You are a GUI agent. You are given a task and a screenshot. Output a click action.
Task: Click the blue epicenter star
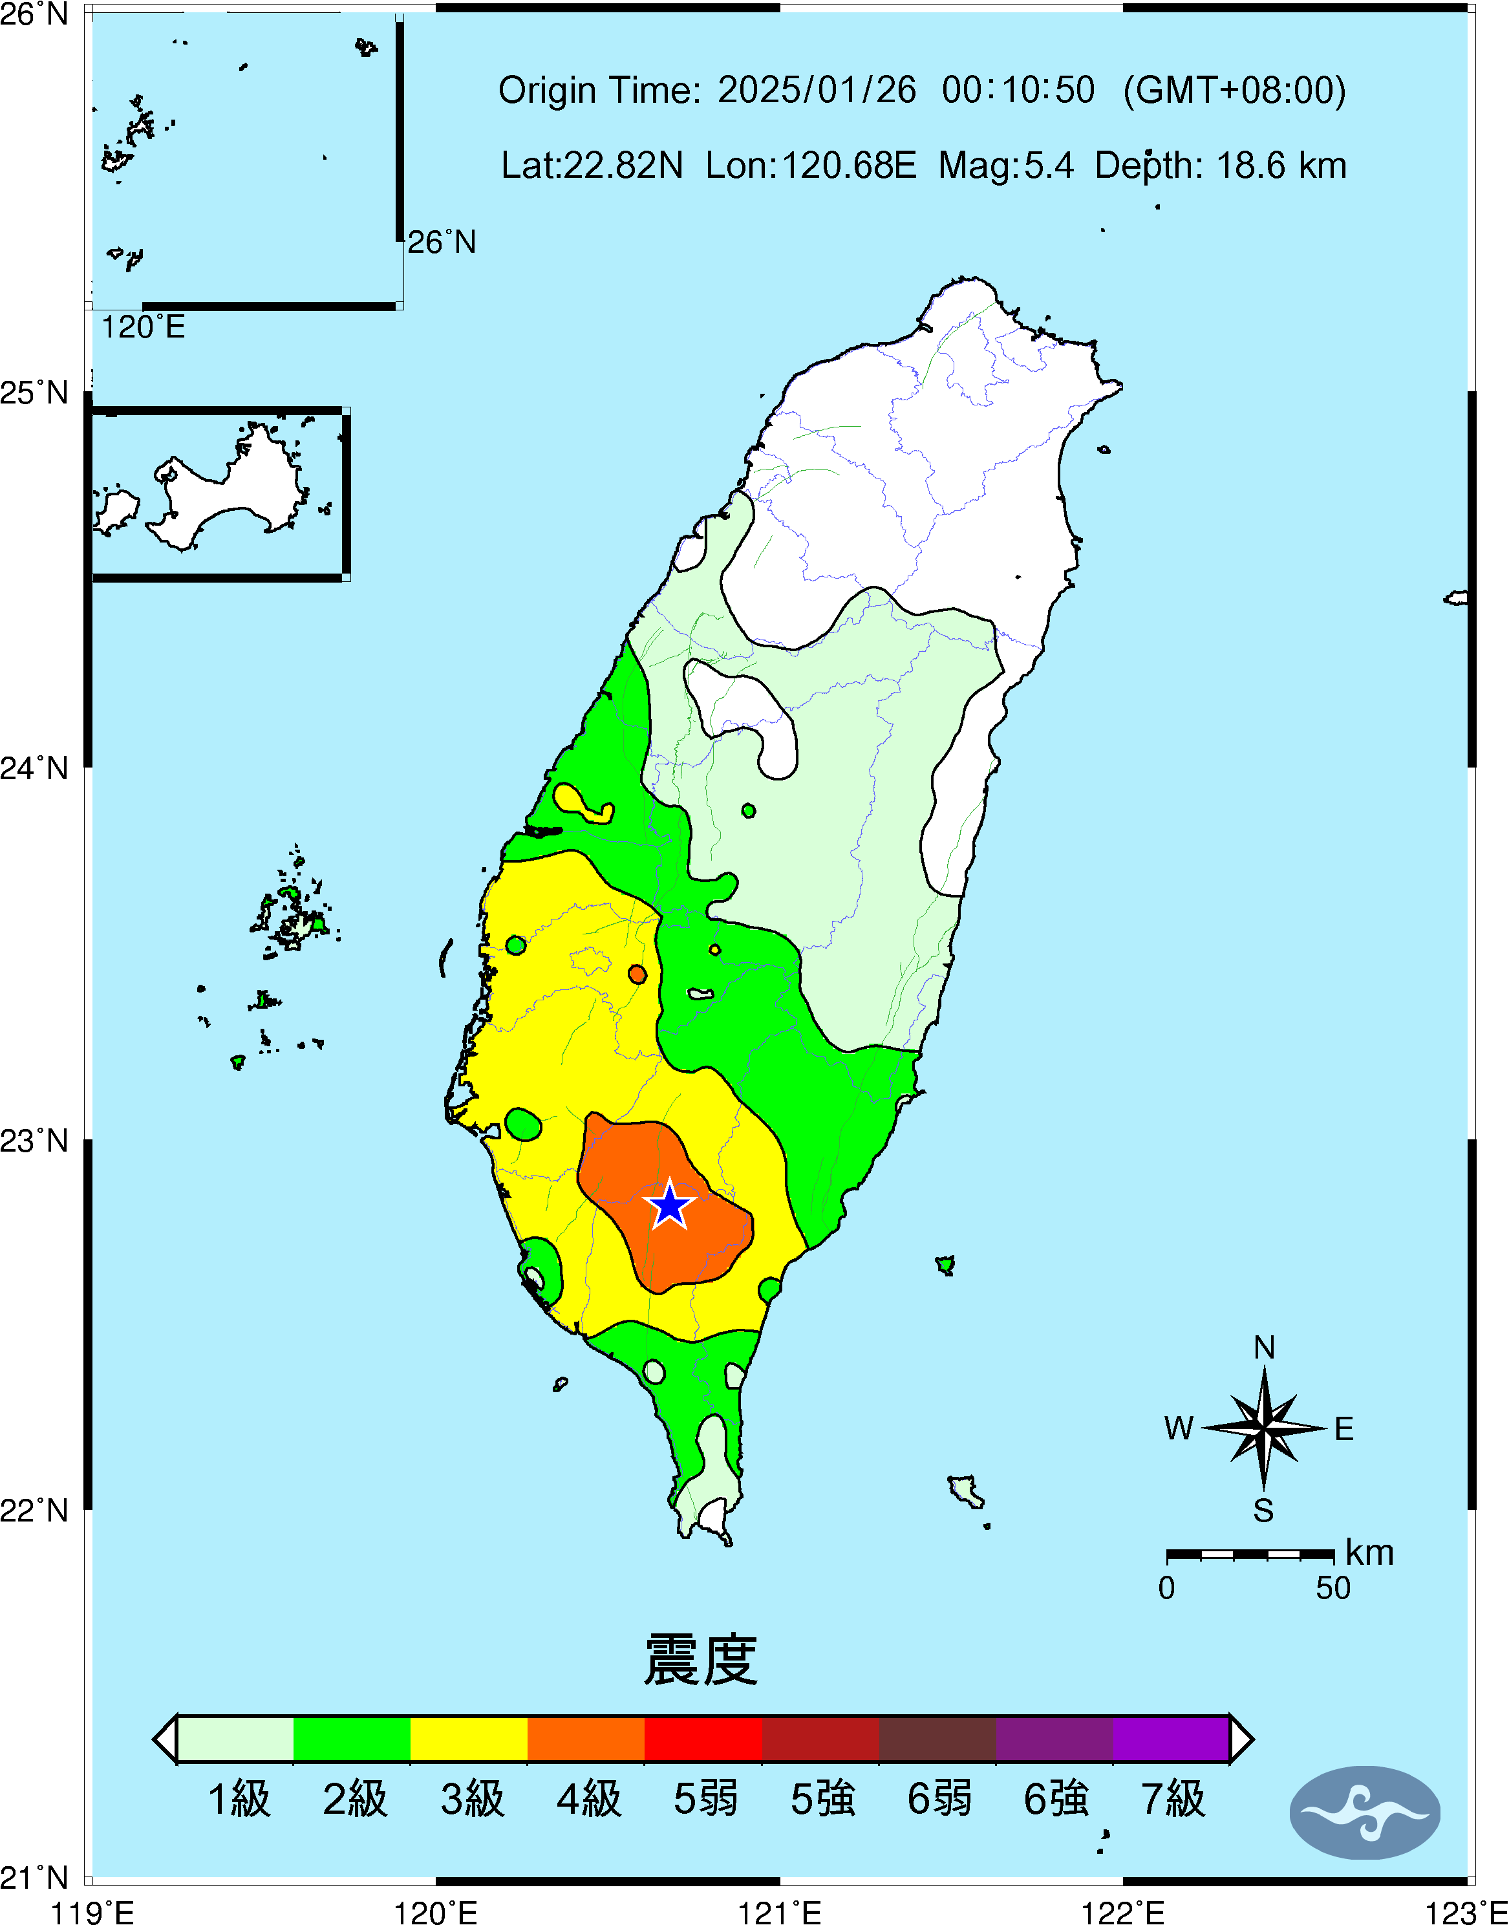(x=670, y=1205)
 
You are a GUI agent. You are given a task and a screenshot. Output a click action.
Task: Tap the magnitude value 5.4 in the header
(x=1049, y=165)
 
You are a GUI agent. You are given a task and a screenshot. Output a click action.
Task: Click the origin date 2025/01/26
(x=817, y=90)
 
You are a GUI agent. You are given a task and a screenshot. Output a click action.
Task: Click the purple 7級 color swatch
(x=1171, y=1739)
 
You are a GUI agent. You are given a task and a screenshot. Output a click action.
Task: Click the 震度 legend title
(x=701, y=1661)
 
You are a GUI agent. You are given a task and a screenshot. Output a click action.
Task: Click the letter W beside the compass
(x=1179, y=1428)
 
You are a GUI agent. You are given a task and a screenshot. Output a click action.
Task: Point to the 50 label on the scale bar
(x=1333, y=1588)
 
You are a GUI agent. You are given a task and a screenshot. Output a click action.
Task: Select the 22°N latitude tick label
(x=34, y=1510)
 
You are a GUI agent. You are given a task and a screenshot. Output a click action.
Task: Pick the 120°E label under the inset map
(x=143, y=328)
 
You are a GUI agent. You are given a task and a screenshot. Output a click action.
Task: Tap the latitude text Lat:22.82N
(x=592, y=165)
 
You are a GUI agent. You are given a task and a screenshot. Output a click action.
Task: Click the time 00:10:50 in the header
(x=1018, y=90)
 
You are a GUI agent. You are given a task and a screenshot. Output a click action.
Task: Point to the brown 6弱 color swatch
(x=937, y=1739)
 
